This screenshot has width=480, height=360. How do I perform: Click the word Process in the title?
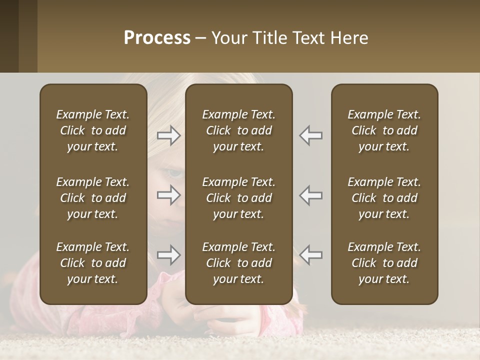pyautogui.click(x=157, y=38)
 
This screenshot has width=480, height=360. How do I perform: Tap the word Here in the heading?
pyautogui.click(x=349, y=38)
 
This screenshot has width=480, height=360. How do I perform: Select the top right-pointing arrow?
pyautogui.click(x=168, y=135)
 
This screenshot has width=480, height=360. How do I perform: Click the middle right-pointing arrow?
pyautogui.click(x=168, y=195)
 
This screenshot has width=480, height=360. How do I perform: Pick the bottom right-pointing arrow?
pyautogui.click(x=168, y=255)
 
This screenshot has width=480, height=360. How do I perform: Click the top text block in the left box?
pyautogui.click(x=93, y=130)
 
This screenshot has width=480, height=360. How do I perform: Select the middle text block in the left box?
pyautogui.click(x=93, y=198)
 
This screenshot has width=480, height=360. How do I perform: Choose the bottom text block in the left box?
pyautogui.click(x=93, y=263)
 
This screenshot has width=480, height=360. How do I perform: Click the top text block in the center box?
pyautogui.click(x=239, y=130)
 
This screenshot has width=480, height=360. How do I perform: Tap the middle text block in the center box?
pyautogui.click(x=239, y=198)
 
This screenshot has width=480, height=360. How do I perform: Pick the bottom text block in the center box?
pyautogui.click(x=239, y=263)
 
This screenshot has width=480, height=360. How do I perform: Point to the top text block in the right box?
pyautogui.click(x=384, y=130)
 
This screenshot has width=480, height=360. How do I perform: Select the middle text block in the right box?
pyautogui.click(x=384, y=198)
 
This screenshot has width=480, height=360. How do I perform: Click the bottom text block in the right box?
pyautogui.click(x=384, y=263)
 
